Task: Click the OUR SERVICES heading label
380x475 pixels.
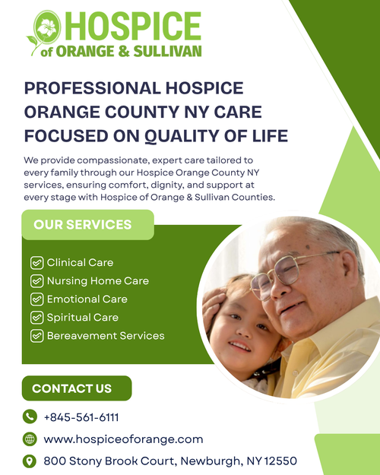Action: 83,224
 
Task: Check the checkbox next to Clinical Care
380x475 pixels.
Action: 36,262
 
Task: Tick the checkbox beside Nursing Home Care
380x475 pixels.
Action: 36,280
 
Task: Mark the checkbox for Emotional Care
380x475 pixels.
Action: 36,299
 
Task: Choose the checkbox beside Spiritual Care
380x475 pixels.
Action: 36,317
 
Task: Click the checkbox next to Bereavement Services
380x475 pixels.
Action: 36,335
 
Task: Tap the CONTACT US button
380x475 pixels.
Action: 72,388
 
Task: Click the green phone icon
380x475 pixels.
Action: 30,416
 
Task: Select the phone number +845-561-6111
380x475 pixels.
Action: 81,417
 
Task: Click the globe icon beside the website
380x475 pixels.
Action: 30,439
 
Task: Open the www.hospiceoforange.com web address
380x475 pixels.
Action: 123,439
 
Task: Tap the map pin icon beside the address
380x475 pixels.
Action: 30,461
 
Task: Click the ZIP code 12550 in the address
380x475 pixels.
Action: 280,461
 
